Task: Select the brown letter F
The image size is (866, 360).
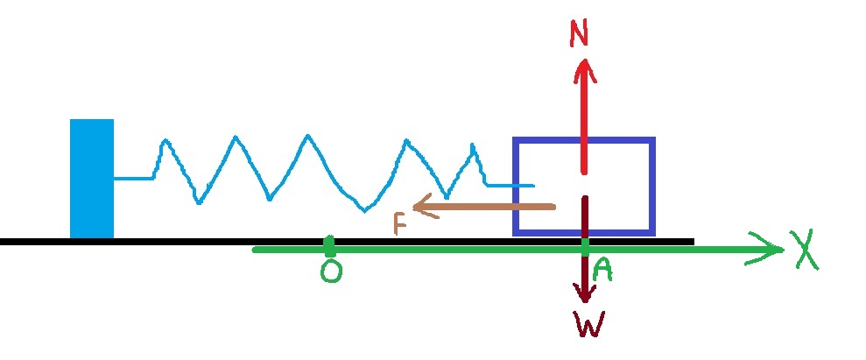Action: (399, 224)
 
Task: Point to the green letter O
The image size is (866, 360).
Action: (331, 272)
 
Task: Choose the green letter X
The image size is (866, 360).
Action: (806, 252)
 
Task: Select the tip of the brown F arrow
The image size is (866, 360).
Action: (414, 207)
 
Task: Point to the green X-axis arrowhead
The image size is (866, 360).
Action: (778, 251)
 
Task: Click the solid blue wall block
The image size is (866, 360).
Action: (92, 179)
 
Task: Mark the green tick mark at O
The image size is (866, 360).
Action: (328, 243)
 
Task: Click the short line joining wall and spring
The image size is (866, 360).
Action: (134, 179)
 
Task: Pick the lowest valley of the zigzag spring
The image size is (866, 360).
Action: (365, 211)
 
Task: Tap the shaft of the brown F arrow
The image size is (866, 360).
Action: (490, 207)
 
